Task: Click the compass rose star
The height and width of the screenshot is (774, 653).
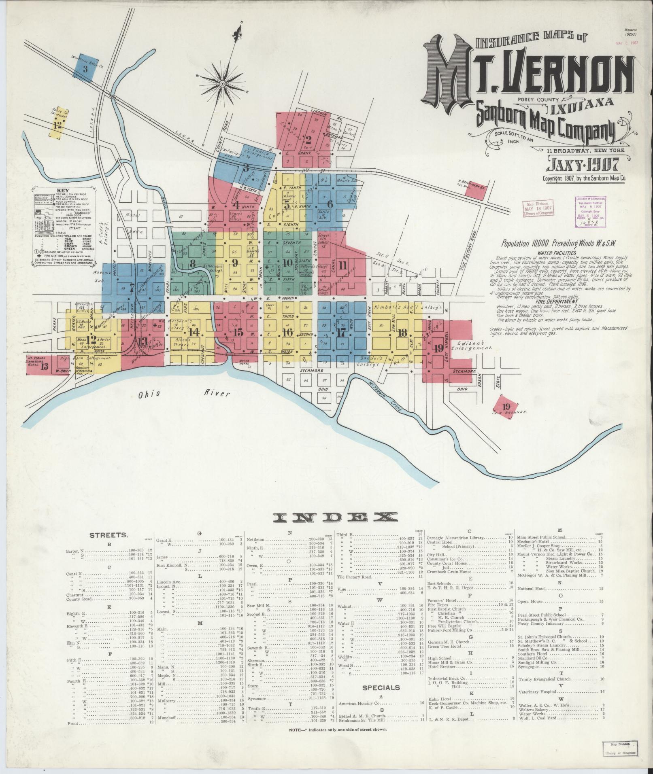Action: (x=222, y=84)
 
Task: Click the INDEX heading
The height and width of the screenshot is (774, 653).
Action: (x=334, y=517)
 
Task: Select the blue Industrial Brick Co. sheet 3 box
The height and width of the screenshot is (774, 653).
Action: (x=85, y=66)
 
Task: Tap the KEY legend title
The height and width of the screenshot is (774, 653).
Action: (x=63, y=190)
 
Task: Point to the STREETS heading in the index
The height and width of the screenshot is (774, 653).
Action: (x=108, y=535)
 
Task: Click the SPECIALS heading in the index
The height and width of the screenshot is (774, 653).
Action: (x=381, y=687)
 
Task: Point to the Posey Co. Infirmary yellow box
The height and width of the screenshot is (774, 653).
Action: (x=58, y=123)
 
